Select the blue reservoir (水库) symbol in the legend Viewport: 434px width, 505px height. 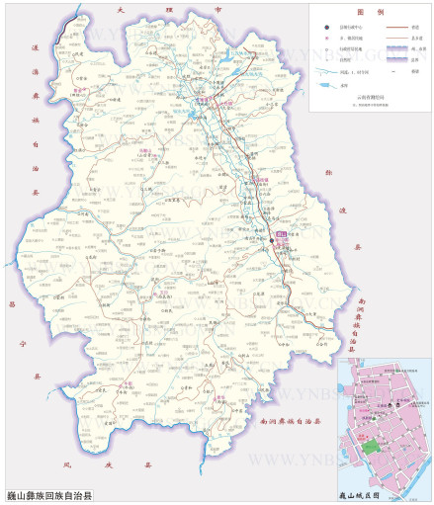pyautogui.click(x=316, y=87)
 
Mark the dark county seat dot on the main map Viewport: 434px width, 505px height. pyautogui.click(x=271, y=240)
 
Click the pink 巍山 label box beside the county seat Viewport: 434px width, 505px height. pyautogui.click(x=281, y=233)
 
